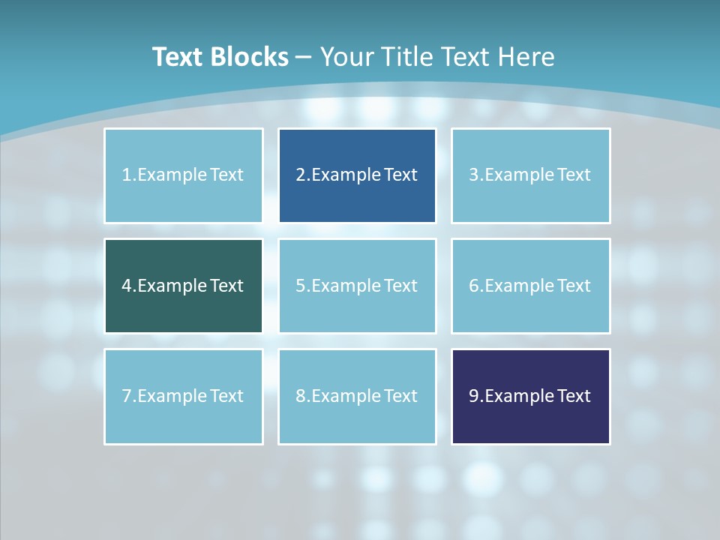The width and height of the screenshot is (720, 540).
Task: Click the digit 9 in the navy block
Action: pyautogui.click(x=474, y=396)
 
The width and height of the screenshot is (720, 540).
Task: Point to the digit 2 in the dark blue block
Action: pyautogui.click(x=300, y=175)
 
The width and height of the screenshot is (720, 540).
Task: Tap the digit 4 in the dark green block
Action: pyautogui.click(x=127, y=286)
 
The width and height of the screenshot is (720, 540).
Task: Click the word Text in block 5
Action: pyautogui.click(x=400, y=286)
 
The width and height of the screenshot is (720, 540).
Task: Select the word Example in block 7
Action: pyautogui.click(x=172, y=396)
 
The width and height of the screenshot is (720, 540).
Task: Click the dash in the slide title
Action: pyautogui.click(x=304, y=57)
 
